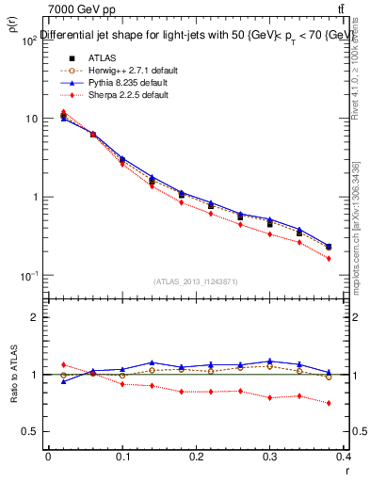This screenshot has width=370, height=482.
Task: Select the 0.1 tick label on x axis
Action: point(122,456)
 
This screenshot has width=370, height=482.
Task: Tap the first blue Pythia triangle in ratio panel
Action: point(63,381)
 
